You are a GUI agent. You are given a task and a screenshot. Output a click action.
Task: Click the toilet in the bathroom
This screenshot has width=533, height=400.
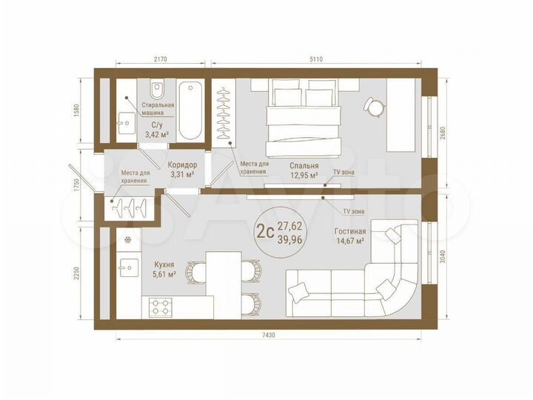[x=157, y=93]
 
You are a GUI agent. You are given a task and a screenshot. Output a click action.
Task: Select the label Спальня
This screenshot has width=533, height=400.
[x=304, y=166]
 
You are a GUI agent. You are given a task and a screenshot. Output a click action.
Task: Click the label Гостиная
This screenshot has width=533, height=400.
[x=349, y=230]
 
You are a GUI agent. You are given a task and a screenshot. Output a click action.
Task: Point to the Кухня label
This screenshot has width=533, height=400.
[x=164, y=264]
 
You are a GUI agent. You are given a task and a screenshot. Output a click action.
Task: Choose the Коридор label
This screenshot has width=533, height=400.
[x=181, y=164]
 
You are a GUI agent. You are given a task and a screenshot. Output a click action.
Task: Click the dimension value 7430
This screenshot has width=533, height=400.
[x=268, y=336]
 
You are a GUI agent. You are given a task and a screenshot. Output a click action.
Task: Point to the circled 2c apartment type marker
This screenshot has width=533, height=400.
[x=265, y=230]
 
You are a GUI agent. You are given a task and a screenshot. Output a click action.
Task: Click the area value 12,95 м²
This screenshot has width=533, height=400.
[x=304, y=176]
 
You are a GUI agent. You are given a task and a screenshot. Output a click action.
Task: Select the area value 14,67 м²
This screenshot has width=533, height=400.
[x=349, y=241]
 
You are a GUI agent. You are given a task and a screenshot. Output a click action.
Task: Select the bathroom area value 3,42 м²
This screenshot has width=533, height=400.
[x=156, y=135]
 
